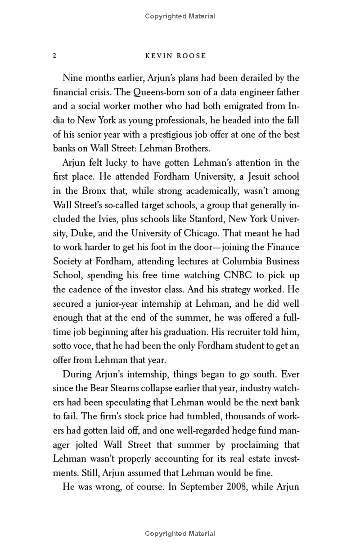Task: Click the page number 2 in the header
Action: tap(54, 56)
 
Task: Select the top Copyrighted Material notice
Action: tap(180, 16)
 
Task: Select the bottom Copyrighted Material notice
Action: tap(180, 534)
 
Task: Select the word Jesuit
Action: tap(245, 177)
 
